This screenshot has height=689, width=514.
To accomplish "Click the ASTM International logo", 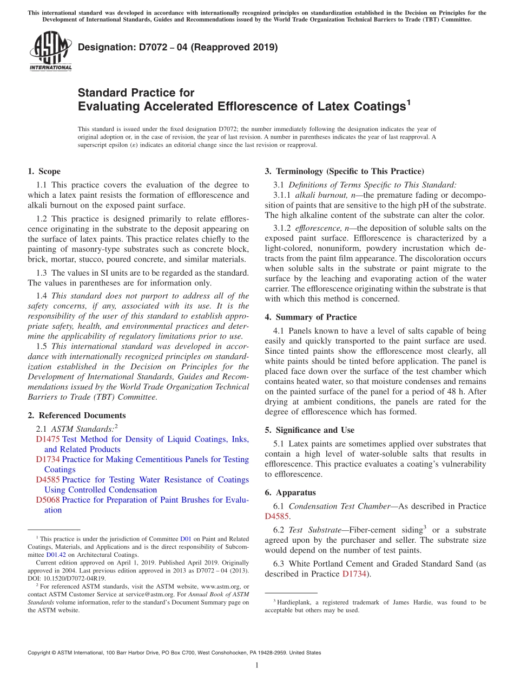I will pos(50,51).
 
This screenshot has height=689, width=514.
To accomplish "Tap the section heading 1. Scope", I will pos(44,172).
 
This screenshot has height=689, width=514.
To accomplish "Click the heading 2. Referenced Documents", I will pos(76,415).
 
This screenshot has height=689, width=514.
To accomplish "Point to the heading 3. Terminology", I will pos(344,172).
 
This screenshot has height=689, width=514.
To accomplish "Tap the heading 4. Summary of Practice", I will pos(311,317).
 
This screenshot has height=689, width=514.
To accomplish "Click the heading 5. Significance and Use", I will pos(309,430).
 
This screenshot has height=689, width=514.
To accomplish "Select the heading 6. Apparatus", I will pos(290,493).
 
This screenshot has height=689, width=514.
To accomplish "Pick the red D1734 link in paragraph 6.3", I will pos(355,574).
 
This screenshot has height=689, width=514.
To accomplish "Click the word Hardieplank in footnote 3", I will pos(292,602).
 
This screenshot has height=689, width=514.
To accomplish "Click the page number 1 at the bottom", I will pos(257,666).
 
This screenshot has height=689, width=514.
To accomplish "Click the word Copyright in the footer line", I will pos(42,653).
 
